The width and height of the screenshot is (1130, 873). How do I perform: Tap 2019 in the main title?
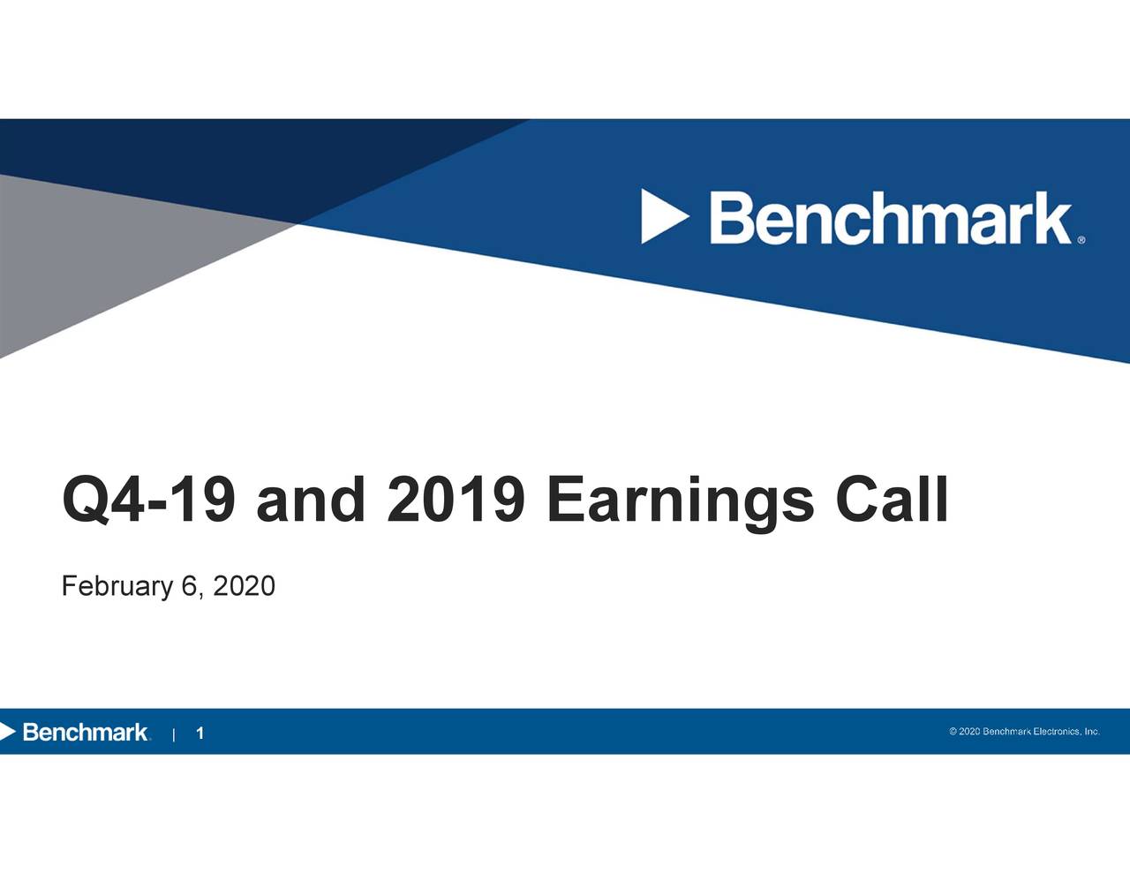pyautogui.click(x=456, y=500)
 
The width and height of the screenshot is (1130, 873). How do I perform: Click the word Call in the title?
pyautogui.click(x=891, y=500)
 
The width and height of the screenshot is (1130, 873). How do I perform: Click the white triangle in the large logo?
pyautogui.click(x=663, y=217)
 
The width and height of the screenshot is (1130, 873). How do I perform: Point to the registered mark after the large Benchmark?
pyautogui.click(x=1081, y=239)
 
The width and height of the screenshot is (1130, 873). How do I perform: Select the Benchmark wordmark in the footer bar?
pyautogui.click(x=85, y=733)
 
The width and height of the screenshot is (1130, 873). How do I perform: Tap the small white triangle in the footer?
pyautogui.click(x=8, y=732)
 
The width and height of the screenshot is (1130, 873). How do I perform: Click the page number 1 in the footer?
pyautogui.click(x=200, y=734)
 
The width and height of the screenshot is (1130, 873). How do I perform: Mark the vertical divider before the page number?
pyautogui.click(x=176, y=734)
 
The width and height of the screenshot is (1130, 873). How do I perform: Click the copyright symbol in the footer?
pyautogui.click(x=953, y=732)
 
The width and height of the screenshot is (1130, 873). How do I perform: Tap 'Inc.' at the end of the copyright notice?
pyautogui.click(x=1092, y=732)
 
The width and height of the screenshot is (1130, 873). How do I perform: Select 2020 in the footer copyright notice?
pyautogui.click(x=969, y=732)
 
